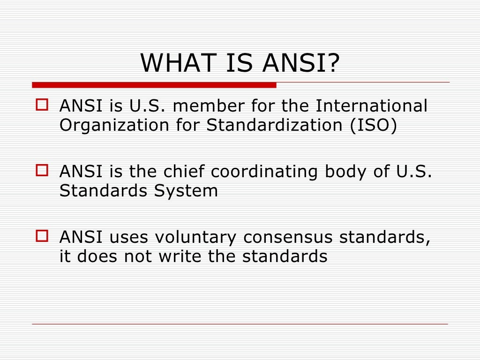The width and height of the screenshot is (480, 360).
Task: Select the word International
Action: point(371,106)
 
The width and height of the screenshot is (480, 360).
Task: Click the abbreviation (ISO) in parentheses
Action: point(373,126)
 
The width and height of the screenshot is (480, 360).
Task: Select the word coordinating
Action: point(265,172)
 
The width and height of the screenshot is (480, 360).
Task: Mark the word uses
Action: point(125,237)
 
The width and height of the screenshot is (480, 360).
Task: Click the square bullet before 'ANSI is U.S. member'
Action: point(42,105)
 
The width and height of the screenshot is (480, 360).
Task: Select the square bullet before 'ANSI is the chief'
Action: point(42,170)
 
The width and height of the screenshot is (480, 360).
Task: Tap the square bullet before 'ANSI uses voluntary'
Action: point(42,235)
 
